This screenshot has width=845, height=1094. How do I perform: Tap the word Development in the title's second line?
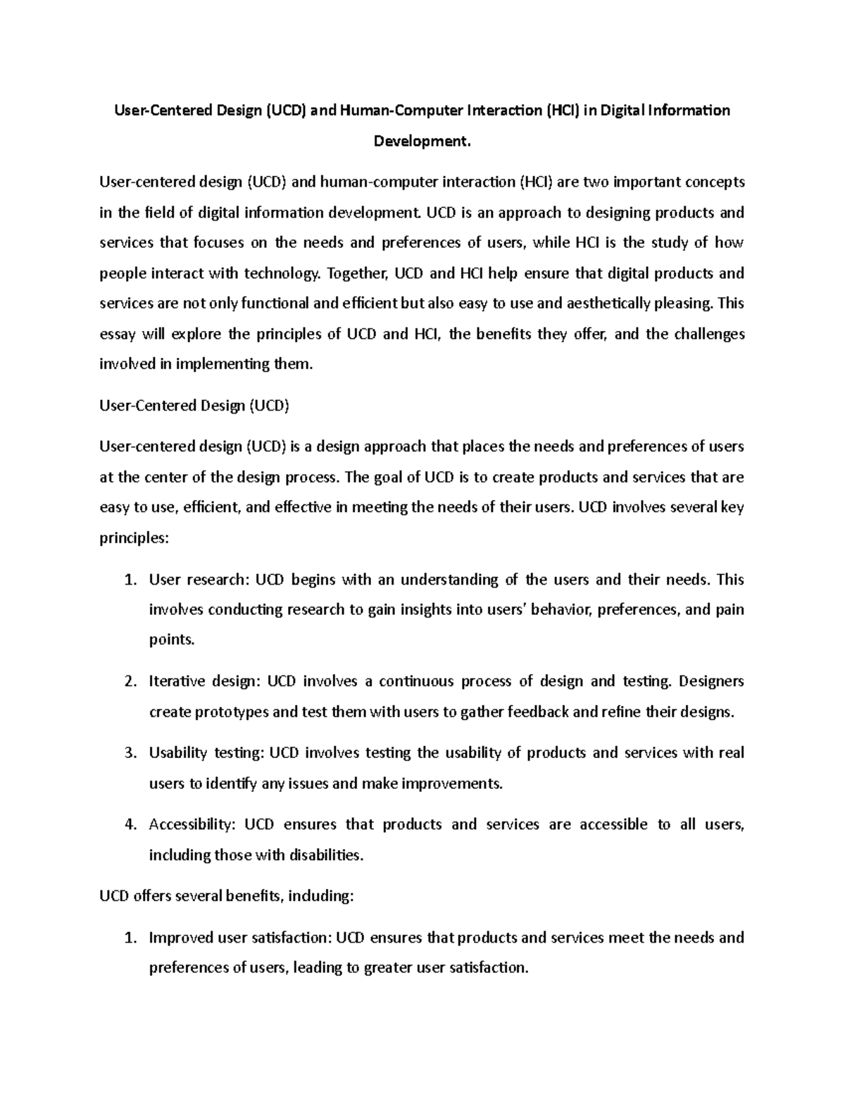pos(420,142)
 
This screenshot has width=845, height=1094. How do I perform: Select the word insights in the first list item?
pos(426,609)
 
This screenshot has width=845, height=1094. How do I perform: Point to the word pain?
pos(730,609)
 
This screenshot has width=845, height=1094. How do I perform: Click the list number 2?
pos(129,681)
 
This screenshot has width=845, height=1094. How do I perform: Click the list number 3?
pos(129,753)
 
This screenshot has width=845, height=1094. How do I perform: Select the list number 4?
pos(129,825)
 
